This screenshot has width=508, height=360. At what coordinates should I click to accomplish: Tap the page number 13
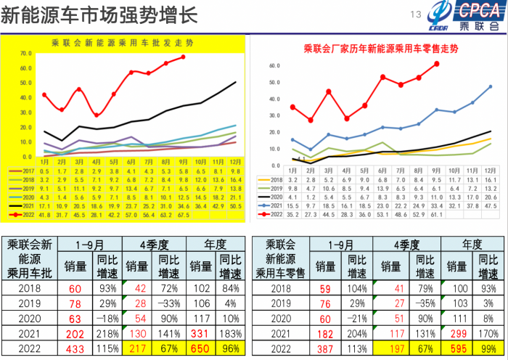(416, 15)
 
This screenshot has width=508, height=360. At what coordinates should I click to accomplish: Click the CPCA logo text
(479, 10)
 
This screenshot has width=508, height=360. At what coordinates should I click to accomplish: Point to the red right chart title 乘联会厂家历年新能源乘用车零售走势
(381, 49)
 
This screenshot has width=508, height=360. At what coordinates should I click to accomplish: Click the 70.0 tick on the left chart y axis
(26, 54)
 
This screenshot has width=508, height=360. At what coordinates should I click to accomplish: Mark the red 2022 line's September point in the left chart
(183, 57)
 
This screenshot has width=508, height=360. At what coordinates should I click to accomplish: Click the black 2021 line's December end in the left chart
(235, 82)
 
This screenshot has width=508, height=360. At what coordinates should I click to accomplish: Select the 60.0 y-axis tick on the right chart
(274, 65)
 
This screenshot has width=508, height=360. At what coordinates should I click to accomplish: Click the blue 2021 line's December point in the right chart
(491, 86)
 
